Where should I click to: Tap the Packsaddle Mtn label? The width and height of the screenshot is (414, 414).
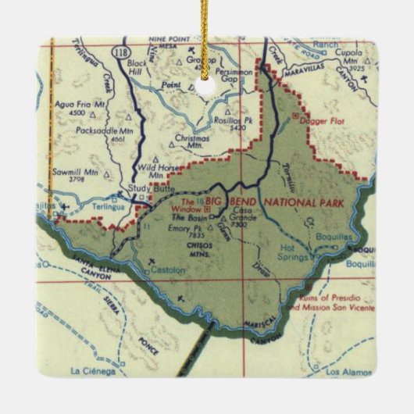coord(96,132)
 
